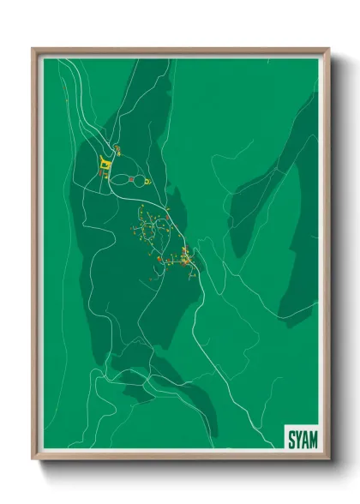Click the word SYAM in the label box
[x=301, y=438]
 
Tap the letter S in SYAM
[x=291, y=438]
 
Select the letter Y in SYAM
[x=297, y=438]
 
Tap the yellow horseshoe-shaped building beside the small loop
[x=147, y=182]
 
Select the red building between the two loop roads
[x=131, y=178]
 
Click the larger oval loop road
[x=119, y=181]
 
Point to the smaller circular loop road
[x=140, y=181]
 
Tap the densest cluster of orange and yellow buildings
[x=186, y=257]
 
